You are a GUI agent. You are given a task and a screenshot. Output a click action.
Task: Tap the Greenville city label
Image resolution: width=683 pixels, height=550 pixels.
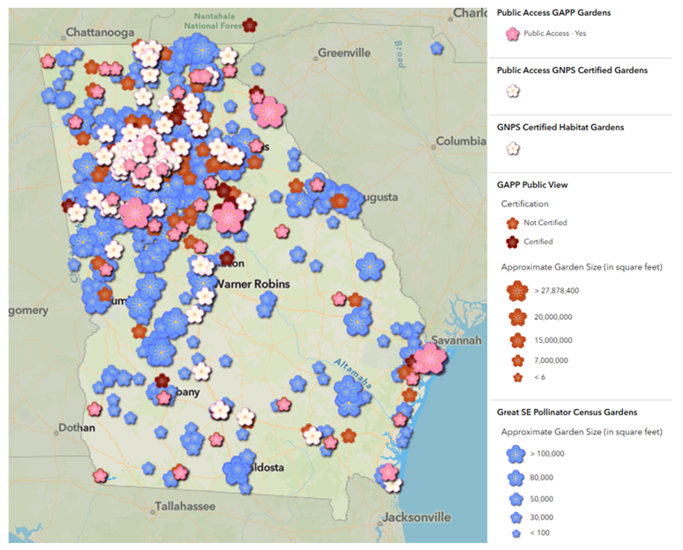pyautogui.click(x=343, y=52)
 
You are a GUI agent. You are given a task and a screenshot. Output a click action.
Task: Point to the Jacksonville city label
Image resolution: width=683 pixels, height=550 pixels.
pyautogui.click(x=413, y=516)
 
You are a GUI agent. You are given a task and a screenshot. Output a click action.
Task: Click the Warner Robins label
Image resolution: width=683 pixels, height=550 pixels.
pyautogui.click(x=255, y=284)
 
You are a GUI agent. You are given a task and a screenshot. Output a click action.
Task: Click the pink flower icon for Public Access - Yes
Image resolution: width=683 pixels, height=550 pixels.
pyautogui.click(x=512, y=33)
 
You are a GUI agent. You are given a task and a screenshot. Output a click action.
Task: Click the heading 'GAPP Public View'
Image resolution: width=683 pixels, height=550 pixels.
pyautogui.click(x=532, y=185)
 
